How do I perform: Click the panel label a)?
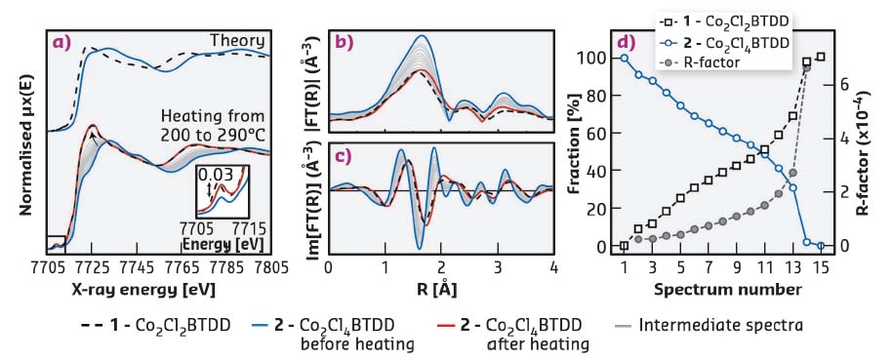point(60,41)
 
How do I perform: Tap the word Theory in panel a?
point(238,40)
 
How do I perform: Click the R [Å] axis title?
point(440,290)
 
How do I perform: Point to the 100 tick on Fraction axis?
point(592,58)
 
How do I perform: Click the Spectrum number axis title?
point(722,290)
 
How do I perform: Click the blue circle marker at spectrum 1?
point(625,58)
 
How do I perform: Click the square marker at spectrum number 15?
point(821,57)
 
